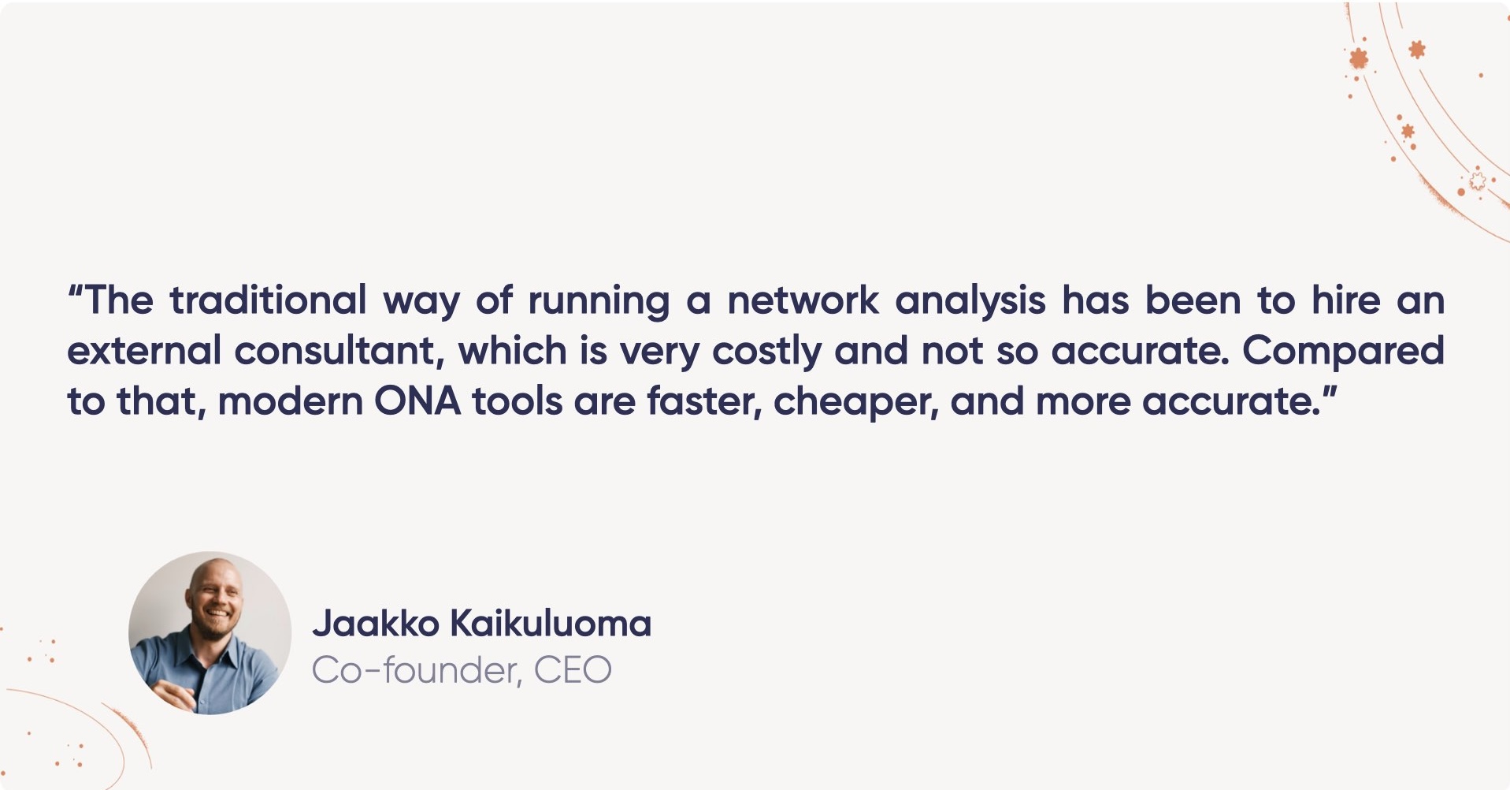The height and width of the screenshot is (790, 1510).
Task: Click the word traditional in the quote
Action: [x=268, y=300]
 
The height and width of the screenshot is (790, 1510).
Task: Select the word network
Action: [x=802, y=300]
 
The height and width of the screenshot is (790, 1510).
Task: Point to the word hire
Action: [x=1345, y=300]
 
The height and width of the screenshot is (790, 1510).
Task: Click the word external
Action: [x=144, y=351]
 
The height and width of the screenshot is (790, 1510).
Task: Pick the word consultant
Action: [x=339, y=351]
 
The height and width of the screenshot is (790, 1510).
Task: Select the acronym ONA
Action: [x=417, y=401]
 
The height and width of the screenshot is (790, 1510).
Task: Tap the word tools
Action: [x=518, y=401]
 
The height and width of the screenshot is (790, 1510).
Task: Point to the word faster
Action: [x=704, y=401]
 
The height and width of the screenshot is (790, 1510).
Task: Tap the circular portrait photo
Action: [x=210, y=632]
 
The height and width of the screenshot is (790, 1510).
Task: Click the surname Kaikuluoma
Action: [x=551, y=624]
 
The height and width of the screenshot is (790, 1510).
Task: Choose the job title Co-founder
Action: [x=416, y=671]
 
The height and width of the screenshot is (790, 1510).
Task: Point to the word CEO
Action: [x=573, y=671]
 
